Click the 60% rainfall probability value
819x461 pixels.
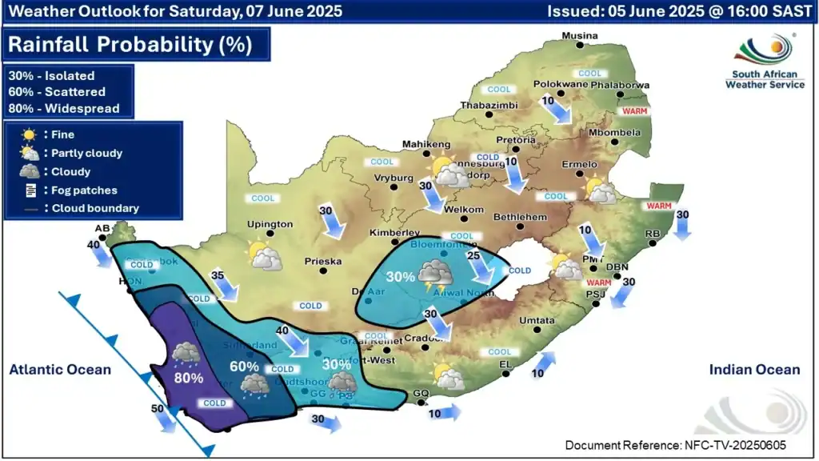coord(244,367)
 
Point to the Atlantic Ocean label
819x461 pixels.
coord(60,369)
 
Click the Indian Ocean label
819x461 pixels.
coord(754,369)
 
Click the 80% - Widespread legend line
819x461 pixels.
coord(64,108)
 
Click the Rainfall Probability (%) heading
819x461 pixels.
coord(132,44)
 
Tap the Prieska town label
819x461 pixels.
coord(323,261)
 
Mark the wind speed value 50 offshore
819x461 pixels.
coord(158,409)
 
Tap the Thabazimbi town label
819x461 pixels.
coord(489,106)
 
